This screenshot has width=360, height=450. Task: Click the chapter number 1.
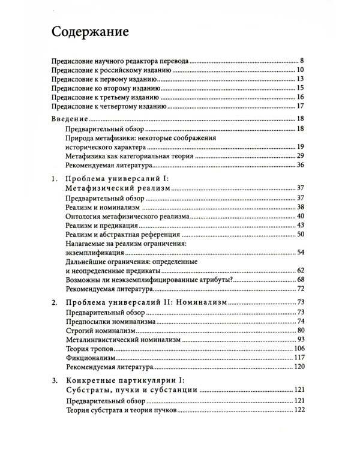pyautogui.click(x=55, y=178)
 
